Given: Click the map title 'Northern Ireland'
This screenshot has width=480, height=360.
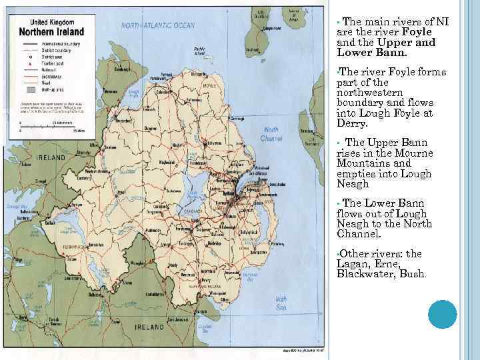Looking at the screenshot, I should click(52, 32).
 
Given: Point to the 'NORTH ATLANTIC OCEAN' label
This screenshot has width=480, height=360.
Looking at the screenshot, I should click(158, 25).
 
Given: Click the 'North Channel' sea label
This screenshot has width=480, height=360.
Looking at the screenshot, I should click(272, 134).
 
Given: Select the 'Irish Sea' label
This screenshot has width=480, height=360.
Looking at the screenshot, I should click(281, 303).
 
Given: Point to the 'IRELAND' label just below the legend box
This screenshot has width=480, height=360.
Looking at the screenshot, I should click(51, 157).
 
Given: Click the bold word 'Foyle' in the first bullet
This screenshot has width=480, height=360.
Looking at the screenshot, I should click(417, 32).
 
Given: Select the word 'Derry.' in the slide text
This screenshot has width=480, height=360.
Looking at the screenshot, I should click(352, 123).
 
